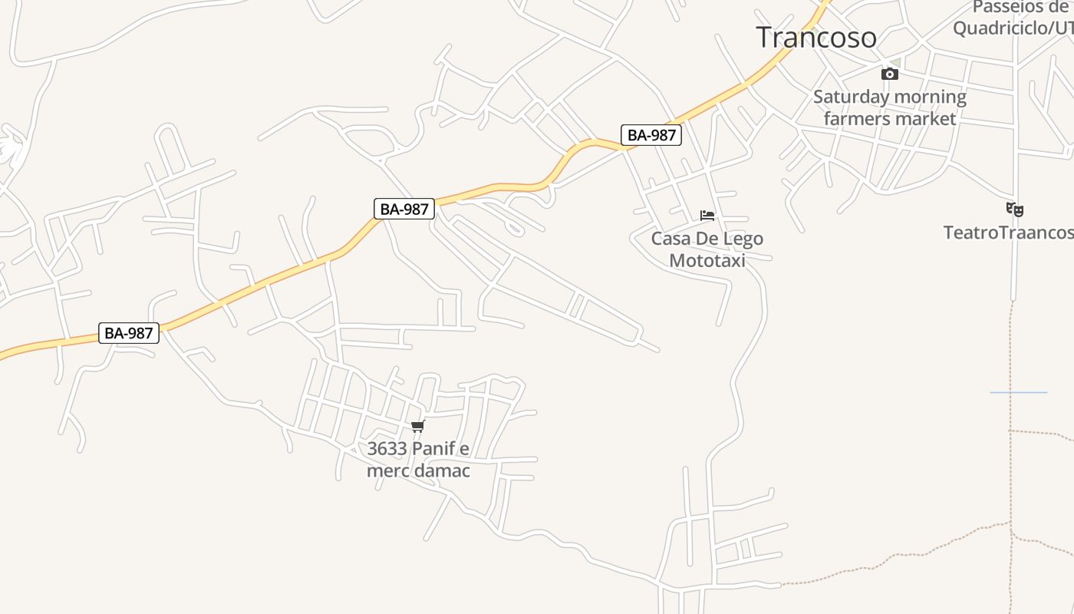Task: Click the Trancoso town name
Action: click(x=816, y=37)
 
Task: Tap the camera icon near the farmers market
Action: click(x=890, y=74)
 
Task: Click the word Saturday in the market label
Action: click(x=849, y=97)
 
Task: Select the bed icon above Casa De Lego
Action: click(x=707, y=216)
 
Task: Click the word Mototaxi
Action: click(x=707, y=260)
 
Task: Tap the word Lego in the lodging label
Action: click(x=743, y=239)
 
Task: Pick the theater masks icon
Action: click(x=1015, y=209)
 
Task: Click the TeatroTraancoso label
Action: click(x=1008, y=232)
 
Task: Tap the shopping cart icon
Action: click(x=417, y=427)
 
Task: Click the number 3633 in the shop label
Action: click(x=386, y=448)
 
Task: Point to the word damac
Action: click(x=443, y=470)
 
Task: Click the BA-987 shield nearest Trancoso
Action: click(x=651, y=135)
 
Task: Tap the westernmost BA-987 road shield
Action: click(x=129, y=333)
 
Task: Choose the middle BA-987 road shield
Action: click(x=404, y=208)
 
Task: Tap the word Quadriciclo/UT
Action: click(x=1013, y=28)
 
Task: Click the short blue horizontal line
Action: click(x=1018, y=392)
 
